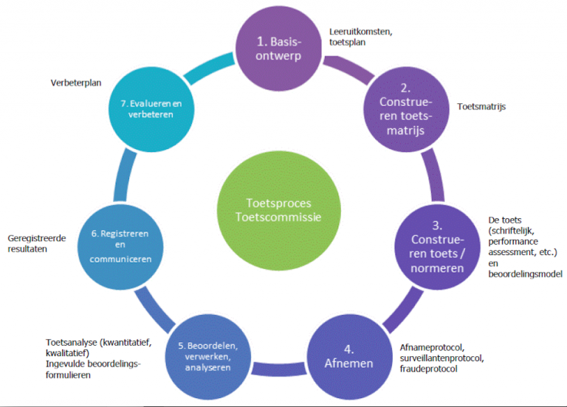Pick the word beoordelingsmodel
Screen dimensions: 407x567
[526, 274]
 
